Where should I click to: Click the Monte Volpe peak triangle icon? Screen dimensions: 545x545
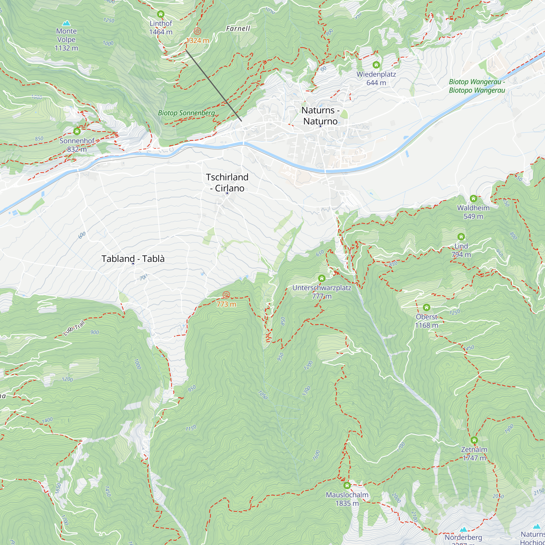click(66, 23)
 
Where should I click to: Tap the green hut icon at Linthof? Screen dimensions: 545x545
click(161, 14)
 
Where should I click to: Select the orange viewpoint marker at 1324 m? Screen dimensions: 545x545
click(198, 31)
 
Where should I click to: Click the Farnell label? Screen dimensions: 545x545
click(238, 29)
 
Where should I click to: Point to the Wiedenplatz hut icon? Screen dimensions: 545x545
click(376, 65)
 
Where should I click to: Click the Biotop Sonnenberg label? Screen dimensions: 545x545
click(186, 113)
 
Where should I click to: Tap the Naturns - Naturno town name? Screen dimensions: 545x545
click(320, 116)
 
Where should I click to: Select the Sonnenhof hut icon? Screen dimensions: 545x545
click(77, 131)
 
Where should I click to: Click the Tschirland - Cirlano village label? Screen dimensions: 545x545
click(227, 183)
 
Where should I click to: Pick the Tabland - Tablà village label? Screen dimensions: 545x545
click(133, 258)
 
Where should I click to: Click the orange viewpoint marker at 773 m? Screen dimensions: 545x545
click(226, 295)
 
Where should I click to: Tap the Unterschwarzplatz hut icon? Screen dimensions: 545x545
click(322, 278)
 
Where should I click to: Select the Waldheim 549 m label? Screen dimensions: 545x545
click(473, 212)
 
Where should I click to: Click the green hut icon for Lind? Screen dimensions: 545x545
click(461, 236)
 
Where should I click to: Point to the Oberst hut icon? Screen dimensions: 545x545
click(426, 307)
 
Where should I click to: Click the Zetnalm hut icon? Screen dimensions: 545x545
click(474, 440)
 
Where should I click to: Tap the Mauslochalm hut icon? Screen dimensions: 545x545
click(347, 486)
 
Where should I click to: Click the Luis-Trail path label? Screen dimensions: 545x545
click(74, 328)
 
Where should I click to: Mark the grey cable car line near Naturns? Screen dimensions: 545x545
click(214, 86)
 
